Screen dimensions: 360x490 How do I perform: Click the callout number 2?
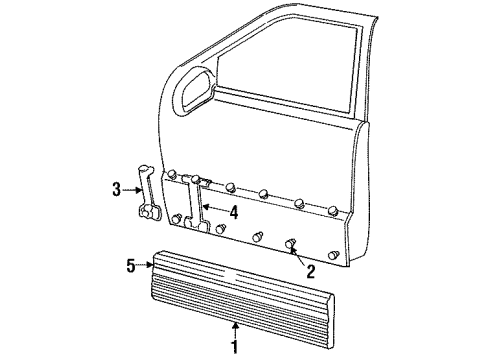click(x=311, y=269)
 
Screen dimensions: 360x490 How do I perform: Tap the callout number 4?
click(x=233, y=211)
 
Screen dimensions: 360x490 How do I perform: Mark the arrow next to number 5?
click(x=144, y=266)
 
